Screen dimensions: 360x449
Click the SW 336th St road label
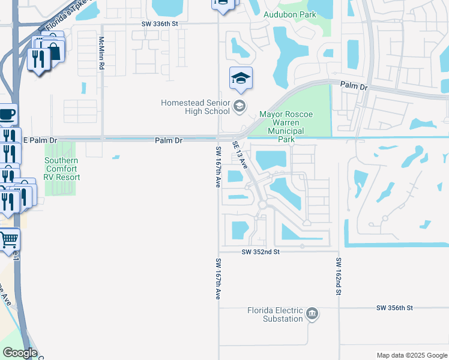coord(160,23)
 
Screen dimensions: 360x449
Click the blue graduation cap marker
coord(241,78)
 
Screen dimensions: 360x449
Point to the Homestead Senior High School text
coord(195,107)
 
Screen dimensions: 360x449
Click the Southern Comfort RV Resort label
coord(62,169)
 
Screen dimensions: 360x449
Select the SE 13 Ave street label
coord(240,154)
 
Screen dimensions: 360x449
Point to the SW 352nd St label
coord(262,252)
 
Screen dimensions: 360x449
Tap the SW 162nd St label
coord(339,276)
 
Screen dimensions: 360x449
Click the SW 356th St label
coord(395,308)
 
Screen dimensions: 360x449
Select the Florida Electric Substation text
coord(275,314)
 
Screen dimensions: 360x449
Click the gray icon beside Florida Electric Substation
coord(312,314)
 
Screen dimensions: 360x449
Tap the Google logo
coord(19,353)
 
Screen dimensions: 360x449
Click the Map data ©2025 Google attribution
coord(411,355)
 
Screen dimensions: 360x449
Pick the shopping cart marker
coord(9,240)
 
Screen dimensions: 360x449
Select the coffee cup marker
coord(7,114)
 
